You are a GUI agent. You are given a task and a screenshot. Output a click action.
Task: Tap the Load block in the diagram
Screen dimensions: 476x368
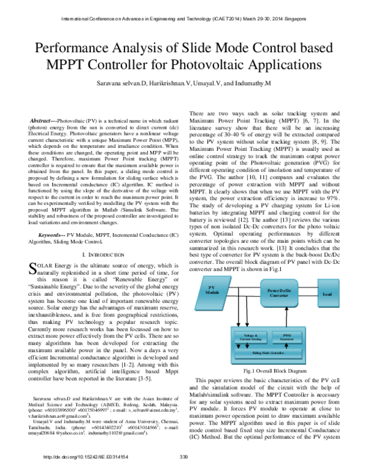[327, 294]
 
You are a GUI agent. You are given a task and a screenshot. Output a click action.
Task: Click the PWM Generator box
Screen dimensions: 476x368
[286, 337]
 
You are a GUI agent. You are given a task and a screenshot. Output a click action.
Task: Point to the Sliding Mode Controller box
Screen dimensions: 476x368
[268, 354]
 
